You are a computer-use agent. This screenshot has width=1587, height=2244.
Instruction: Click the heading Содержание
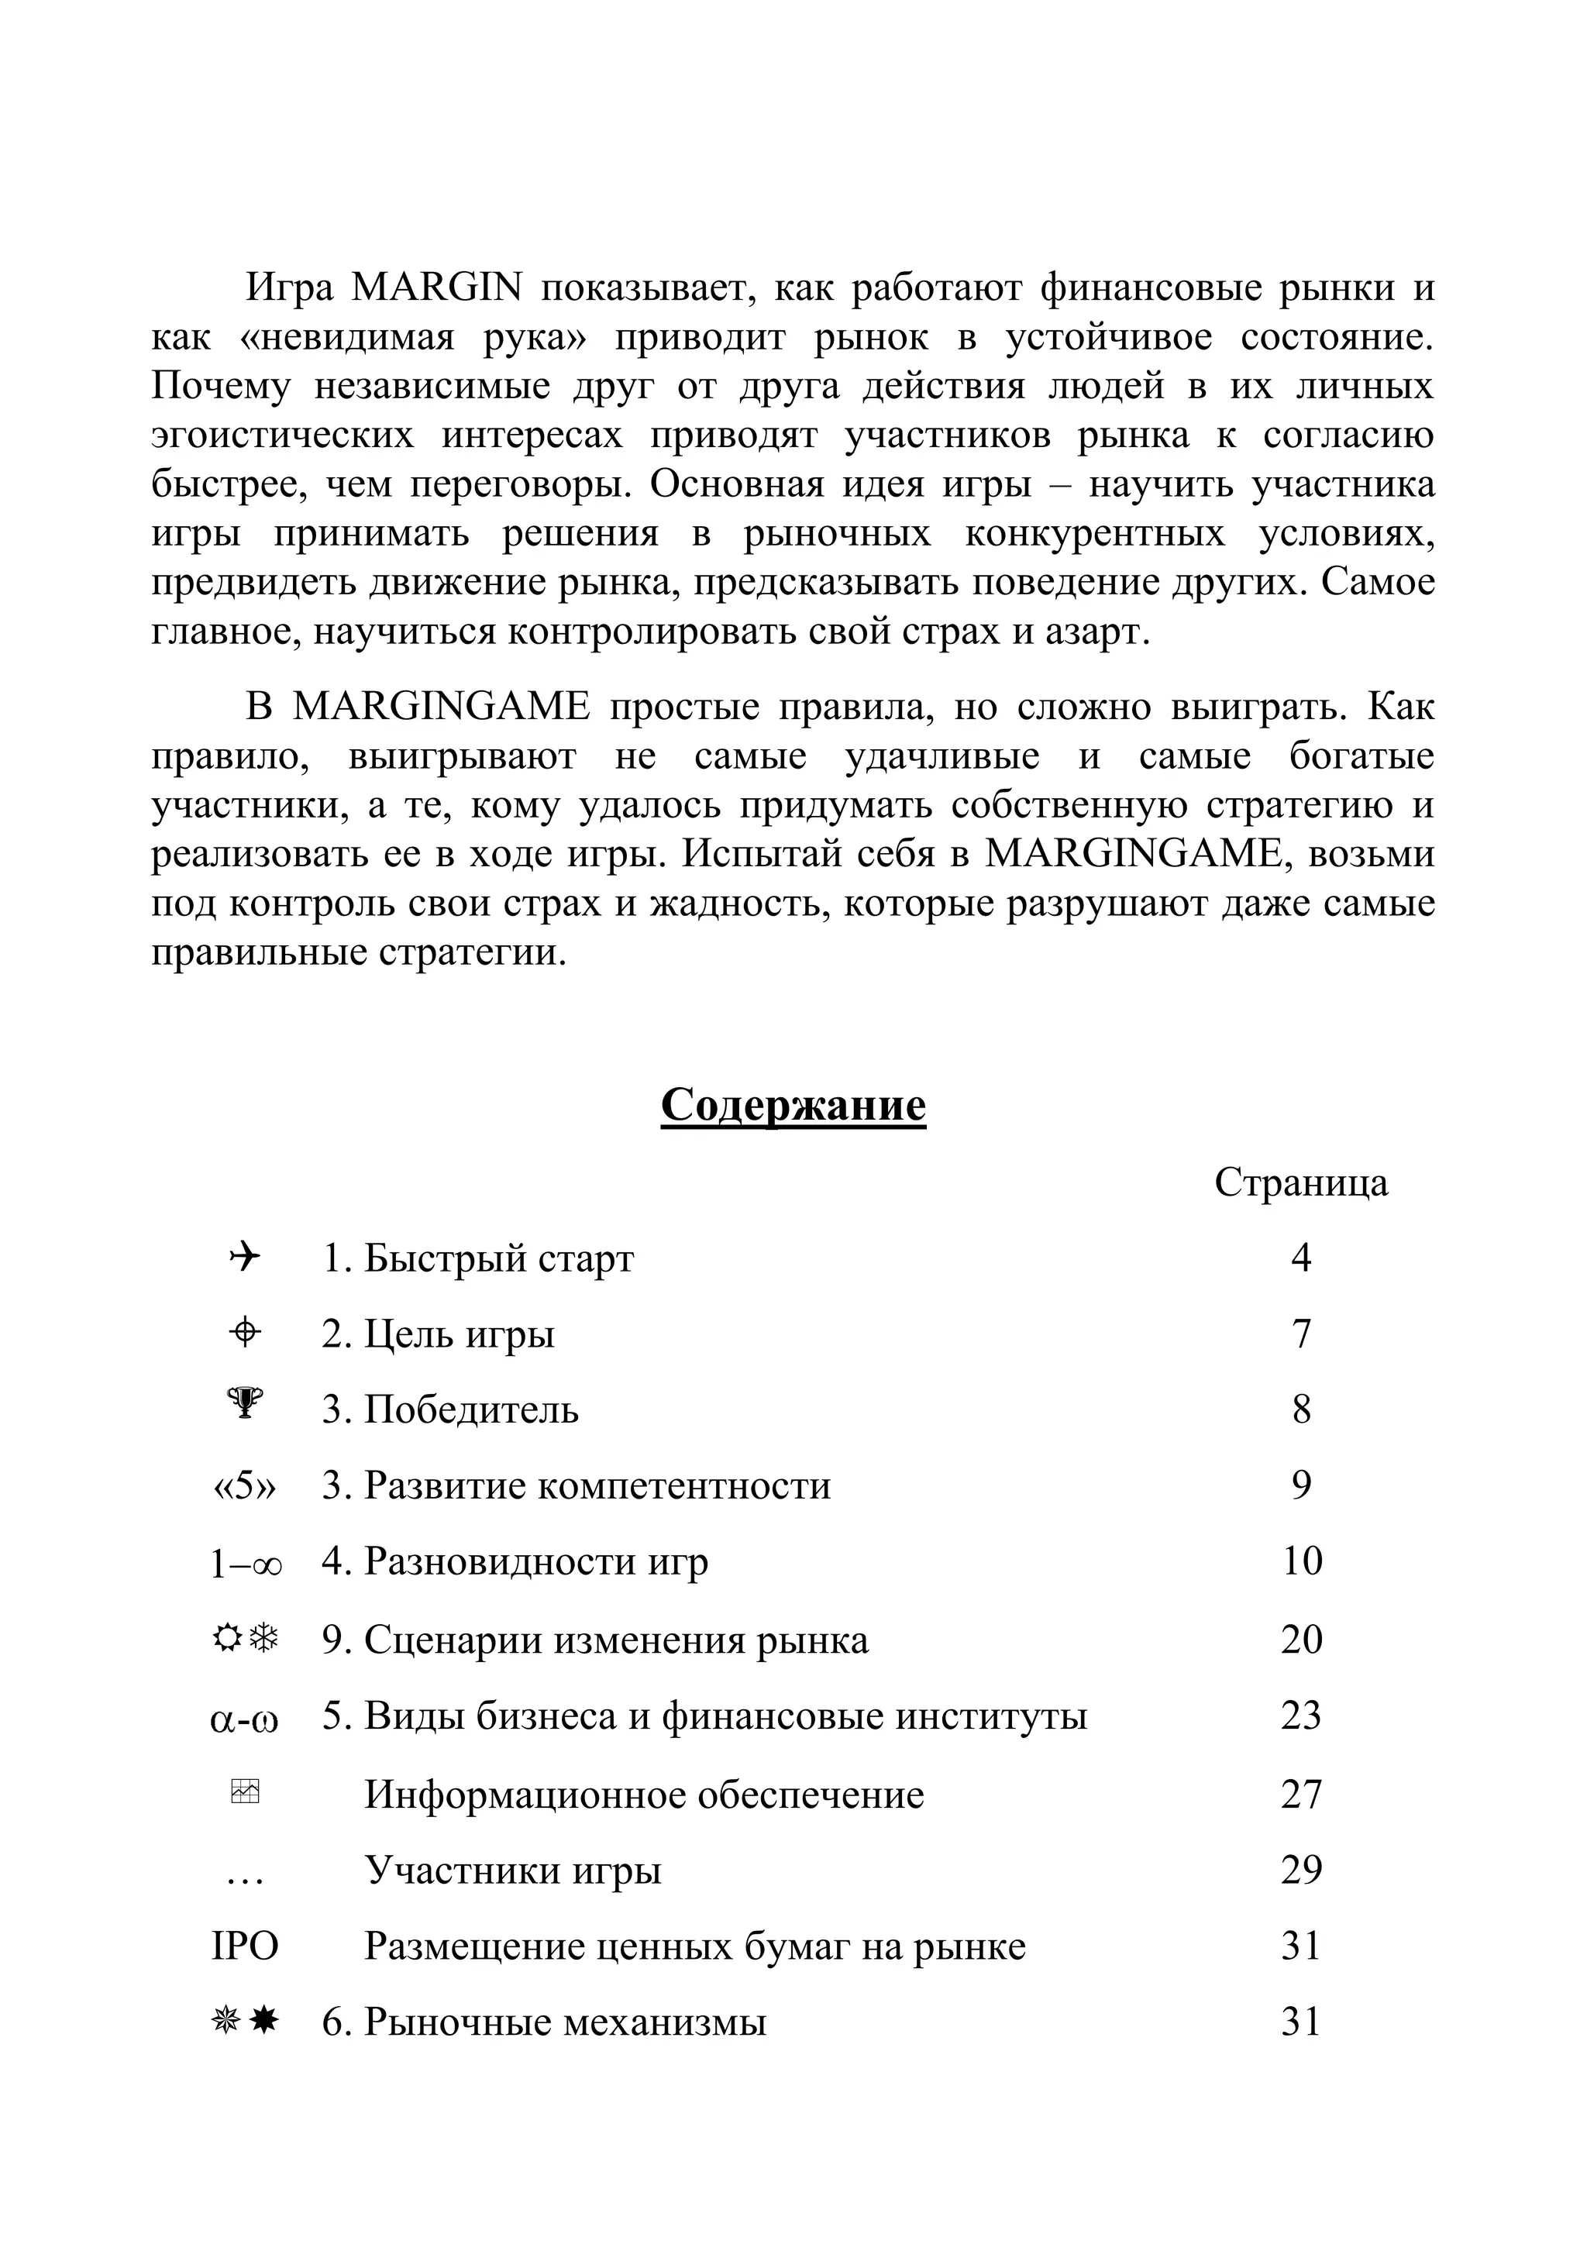click(793, 1106)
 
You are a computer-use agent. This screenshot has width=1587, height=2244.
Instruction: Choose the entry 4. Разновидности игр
click(515, 1562)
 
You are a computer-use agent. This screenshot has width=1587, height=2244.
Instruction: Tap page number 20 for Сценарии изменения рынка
click(1301, 1639)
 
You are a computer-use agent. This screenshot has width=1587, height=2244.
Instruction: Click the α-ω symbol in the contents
click(244, 1717)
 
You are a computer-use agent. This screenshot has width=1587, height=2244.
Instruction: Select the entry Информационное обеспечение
click(644, 1795)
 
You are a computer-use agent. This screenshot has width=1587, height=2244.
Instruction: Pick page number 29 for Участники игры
click(1301, 1871)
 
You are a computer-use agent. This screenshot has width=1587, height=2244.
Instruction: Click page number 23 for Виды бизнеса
click(1301, 1716)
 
